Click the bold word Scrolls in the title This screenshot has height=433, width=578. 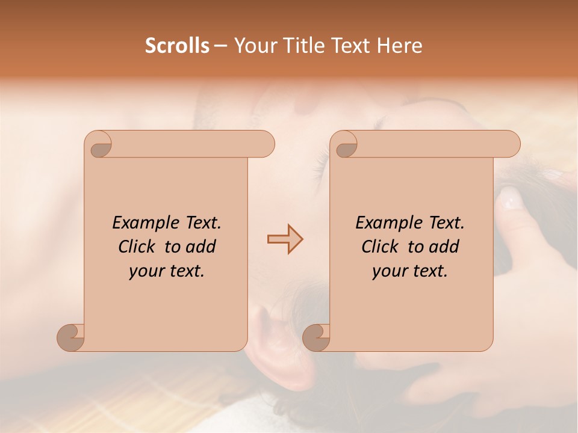click(x=177, y=46)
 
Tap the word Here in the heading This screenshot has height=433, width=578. click(x=400, y=46)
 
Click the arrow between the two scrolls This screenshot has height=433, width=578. click(x=285, y=239)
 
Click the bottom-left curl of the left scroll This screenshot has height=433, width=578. click(x=71, y=337)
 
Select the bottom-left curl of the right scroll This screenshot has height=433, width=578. click(x=316, y=337)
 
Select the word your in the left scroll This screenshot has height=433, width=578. click(x=146, y=271)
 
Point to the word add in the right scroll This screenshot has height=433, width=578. click(x=444, y=247)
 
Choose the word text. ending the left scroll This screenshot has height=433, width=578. click(x=185, y=271)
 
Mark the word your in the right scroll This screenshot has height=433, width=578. click(x=389, y=271)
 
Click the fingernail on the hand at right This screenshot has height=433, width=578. click(x=511, y=197)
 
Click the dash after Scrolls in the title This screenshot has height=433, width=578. click(x=221, y=46)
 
